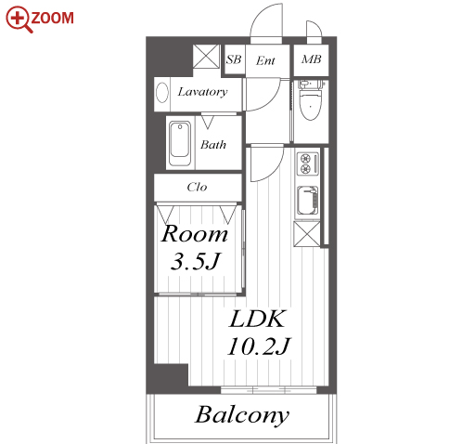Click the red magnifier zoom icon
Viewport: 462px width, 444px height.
(x=19, y=20)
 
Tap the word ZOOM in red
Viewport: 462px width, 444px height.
(x=52, y=18)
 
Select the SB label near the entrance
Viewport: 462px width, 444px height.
(x=233, y=59)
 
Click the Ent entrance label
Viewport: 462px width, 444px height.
(x=265, y=60)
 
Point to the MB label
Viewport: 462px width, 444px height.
(x=311, y=59)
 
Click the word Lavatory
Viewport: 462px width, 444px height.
(x=202, y=92)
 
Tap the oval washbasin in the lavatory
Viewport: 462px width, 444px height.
(x=162, y=92)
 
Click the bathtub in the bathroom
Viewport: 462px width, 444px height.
(x=180, y=143)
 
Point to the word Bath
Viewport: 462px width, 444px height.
(x=213, y=145)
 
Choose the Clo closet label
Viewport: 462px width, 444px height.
(x=197, y=187)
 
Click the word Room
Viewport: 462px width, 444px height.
(x=195, y=233)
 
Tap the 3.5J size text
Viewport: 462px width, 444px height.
(x=196, y=261)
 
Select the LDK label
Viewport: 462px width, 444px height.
(x=257, y=319)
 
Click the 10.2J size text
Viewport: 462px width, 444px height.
(x=259, y=346)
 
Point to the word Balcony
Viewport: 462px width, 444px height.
(x=242, y=415)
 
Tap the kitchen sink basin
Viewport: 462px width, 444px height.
(x=307, y=201)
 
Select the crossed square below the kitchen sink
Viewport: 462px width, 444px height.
(x=307, y=234)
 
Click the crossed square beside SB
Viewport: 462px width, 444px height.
(x=207, y=56)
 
